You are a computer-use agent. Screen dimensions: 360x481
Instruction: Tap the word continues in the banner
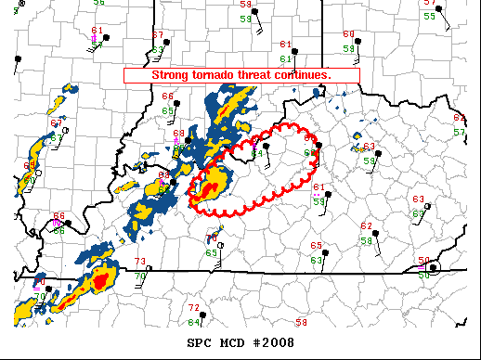tap(304, 74)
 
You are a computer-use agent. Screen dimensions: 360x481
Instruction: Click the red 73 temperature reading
tap(140, 262)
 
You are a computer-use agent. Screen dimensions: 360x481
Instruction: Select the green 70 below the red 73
tap(139, 275)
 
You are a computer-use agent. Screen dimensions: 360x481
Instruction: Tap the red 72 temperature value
tap(194, 307)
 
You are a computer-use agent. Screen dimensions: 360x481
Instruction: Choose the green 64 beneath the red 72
tap(193, 322)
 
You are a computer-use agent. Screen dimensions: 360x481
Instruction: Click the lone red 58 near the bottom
tap(301, 322)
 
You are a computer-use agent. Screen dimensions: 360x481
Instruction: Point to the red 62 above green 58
tap(367, 226)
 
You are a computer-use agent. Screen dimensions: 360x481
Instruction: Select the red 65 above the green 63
tap(317, 246)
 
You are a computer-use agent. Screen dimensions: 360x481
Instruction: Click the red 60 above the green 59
tap(348, 34)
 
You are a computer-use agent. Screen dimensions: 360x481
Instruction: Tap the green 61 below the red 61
tap(286, 58)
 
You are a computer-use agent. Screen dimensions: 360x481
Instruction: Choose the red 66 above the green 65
tap(168, 96)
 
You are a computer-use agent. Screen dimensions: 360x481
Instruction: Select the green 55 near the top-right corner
tap(429, 16)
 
